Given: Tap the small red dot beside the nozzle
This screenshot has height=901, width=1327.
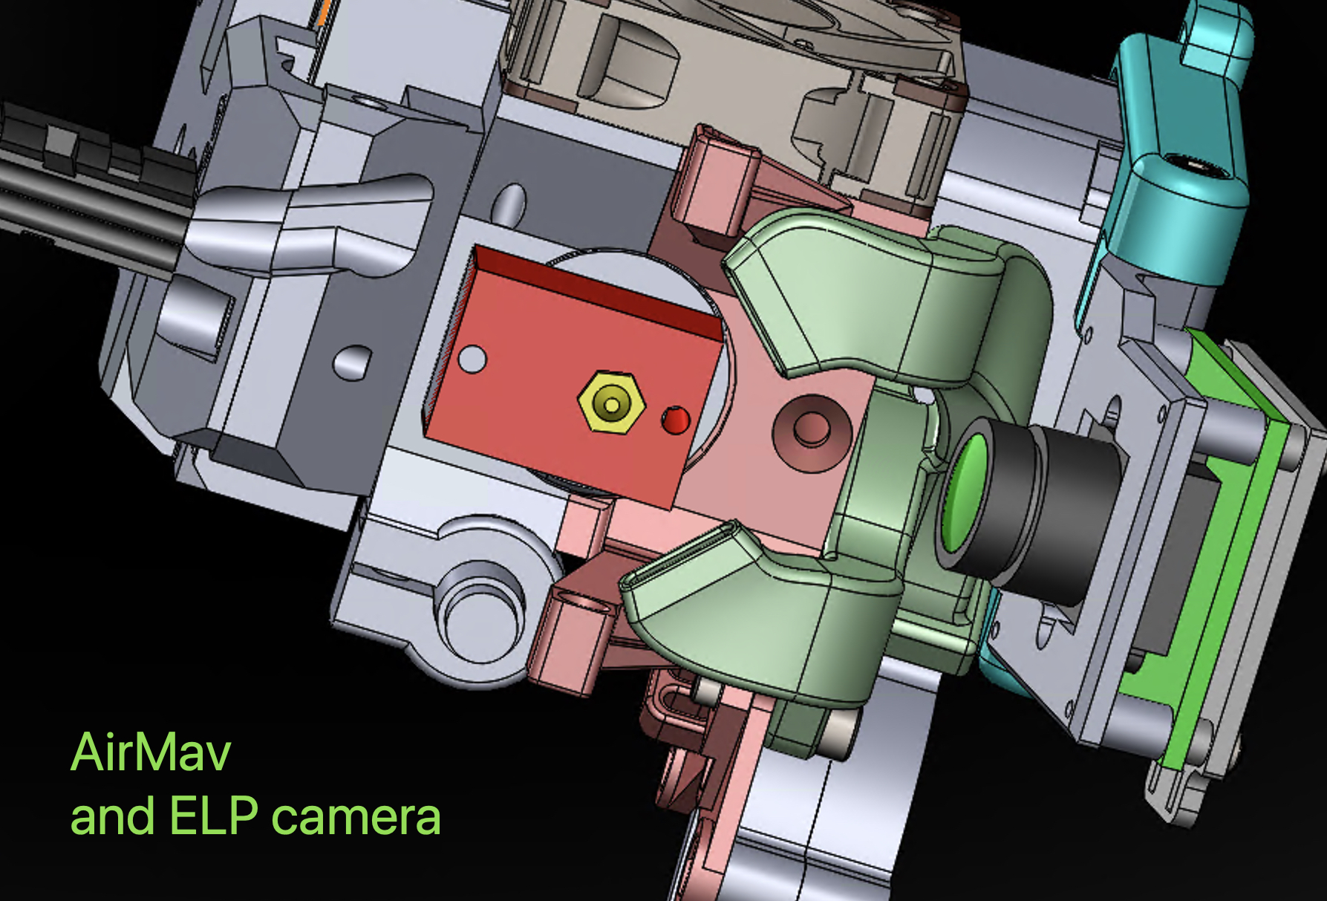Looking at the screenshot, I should [675, 421].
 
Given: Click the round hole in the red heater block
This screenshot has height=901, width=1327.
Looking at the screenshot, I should [472, 360].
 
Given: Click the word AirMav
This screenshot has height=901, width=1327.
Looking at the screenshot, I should [151, 752].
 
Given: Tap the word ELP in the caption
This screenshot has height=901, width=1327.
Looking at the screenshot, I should [214, 816].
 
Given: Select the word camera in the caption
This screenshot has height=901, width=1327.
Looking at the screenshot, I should [356, 817].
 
